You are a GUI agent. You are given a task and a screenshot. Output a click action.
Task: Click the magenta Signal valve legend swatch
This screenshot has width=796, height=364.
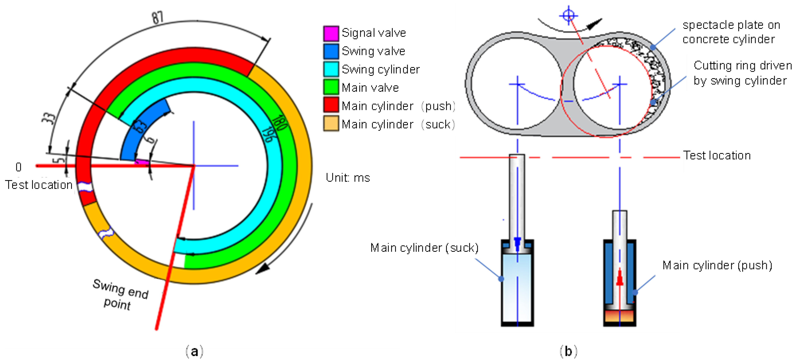click(x=331, y=33)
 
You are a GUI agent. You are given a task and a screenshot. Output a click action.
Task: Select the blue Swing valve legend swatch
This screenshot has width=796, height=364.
click(x=331, y=51)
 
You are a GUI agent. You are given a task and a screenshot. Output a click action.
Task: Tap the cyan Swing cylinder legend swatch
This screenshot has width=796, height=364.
click(x=331, y=69)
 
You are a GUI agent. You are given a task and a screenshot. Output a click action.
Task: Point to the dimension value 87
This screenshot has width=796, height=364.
click(x=157, y=18)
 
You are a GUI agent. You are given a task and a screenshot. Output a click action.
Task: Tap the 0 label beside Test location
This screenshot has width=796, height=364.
click(x=18, y=167)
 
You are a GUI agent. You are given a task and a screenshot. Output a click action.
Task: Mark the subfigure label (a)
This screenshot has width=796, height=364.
click(x=194, y=352)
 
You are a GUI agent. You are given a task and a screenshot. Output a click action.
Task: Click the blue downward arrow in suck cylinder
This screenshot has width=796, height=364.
click(x=517, y=243)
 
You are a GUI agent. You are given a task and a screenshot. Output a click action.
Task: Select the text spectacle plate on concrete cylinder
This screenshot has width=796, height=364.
click(x=731, y=32)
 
